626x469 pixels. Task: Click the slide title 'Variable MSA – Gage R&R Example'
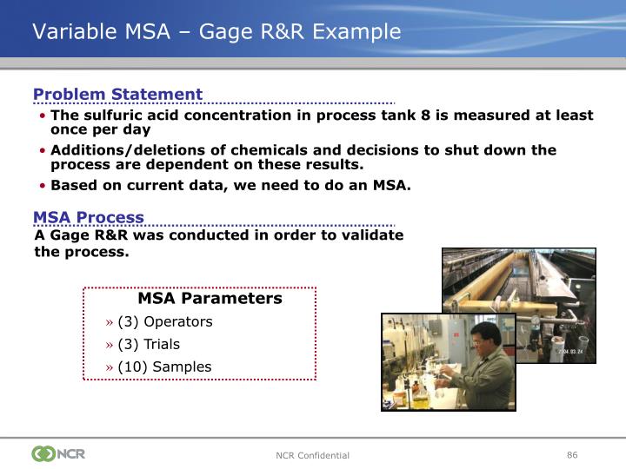point(216,32)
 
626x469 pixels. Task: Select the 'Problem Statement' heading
point(117,95)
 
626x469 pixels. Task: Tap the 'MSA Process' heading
point(89,218)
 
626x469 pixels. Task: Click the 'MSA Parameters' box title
point(210,299)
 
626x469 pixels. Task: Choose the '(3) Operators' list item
point(165,321)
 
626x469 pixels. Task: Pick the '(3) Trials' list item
point(149,344)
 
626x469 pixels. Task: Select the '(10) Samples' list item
point(164,367)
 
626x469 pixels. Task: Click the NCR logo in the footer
point(58,453)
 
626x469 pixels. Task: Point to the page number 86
point(572,454)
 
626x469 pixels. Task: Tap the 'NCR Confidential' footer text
point(312,455)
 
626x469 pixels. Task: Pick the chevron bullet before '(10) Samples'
point(110,367)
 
